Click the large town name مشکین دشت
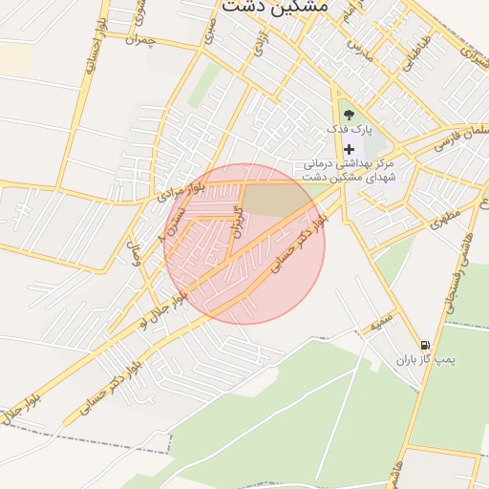[x=274, y=7]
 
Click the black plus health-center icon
[x=349, y=149]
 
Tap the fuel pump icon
[x=424, y=345]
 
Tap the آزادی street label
[x=260, y=42]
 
